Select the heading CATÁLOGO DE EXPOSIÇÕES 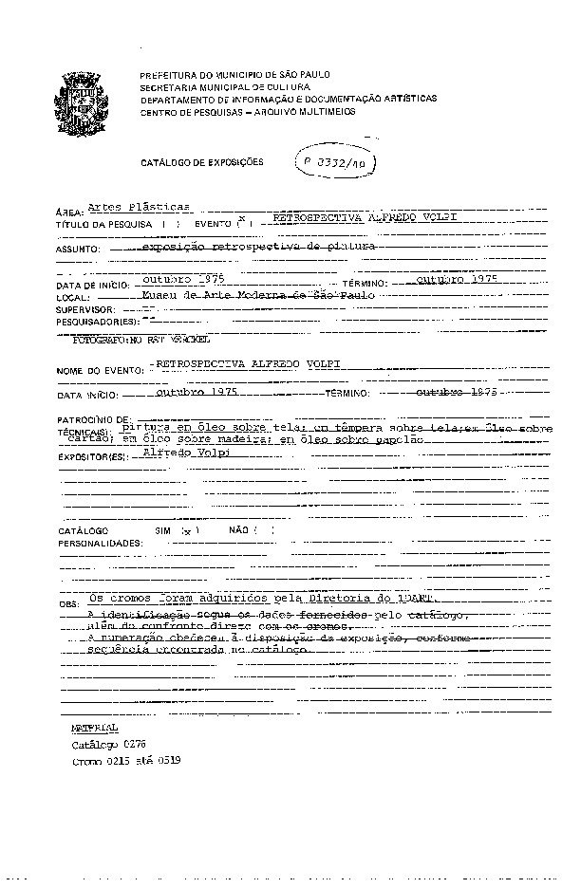202,163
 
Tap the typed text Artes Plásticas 139,206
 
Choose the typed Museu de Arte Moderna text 256,295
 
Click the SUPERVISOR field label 85,310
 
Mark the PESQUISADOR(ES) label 97,323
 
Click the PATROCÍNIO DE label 92,418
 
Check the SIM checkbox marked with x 186,530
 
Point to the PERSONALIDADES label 100,544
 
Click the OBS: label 68,603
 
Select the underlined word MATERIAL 95,728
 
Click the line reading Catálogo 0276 109,745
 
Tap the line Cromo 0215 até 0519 126,761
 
